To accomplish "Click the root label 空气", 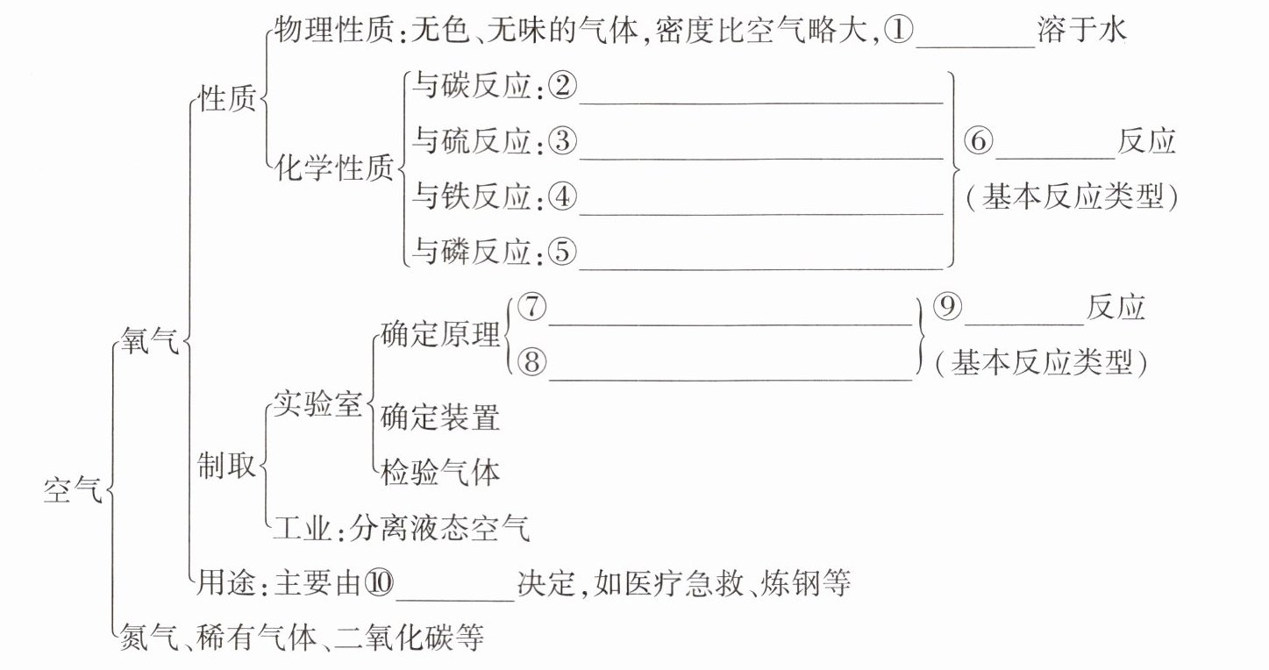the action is [72, 491].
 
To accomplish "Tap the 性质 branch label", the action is [227, 99].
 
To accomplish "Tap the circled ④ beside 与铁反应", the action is [561, 198].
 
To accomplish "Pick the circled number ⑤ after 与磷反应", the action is [561, 253].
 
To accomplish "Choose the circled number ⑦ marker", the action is [531, 308].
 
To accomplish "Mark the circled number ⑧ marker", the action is [531, 362].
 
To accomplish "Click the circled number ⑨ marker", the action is [947, 308].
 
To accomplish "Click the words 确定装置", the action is [440, 417].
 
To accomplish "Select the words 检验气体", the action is [440, 473].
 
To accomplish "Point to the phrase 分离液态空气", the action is [439, 528].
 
